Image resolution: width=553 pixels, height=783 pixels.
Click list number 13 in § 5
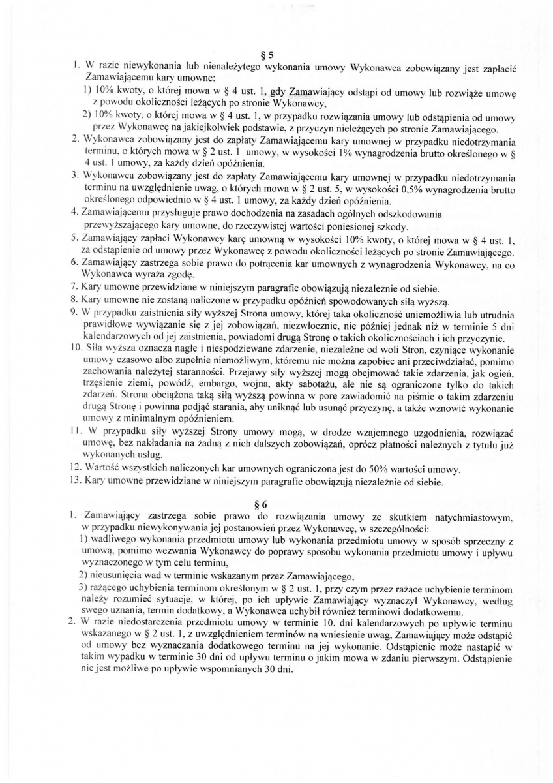(75, 483)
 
